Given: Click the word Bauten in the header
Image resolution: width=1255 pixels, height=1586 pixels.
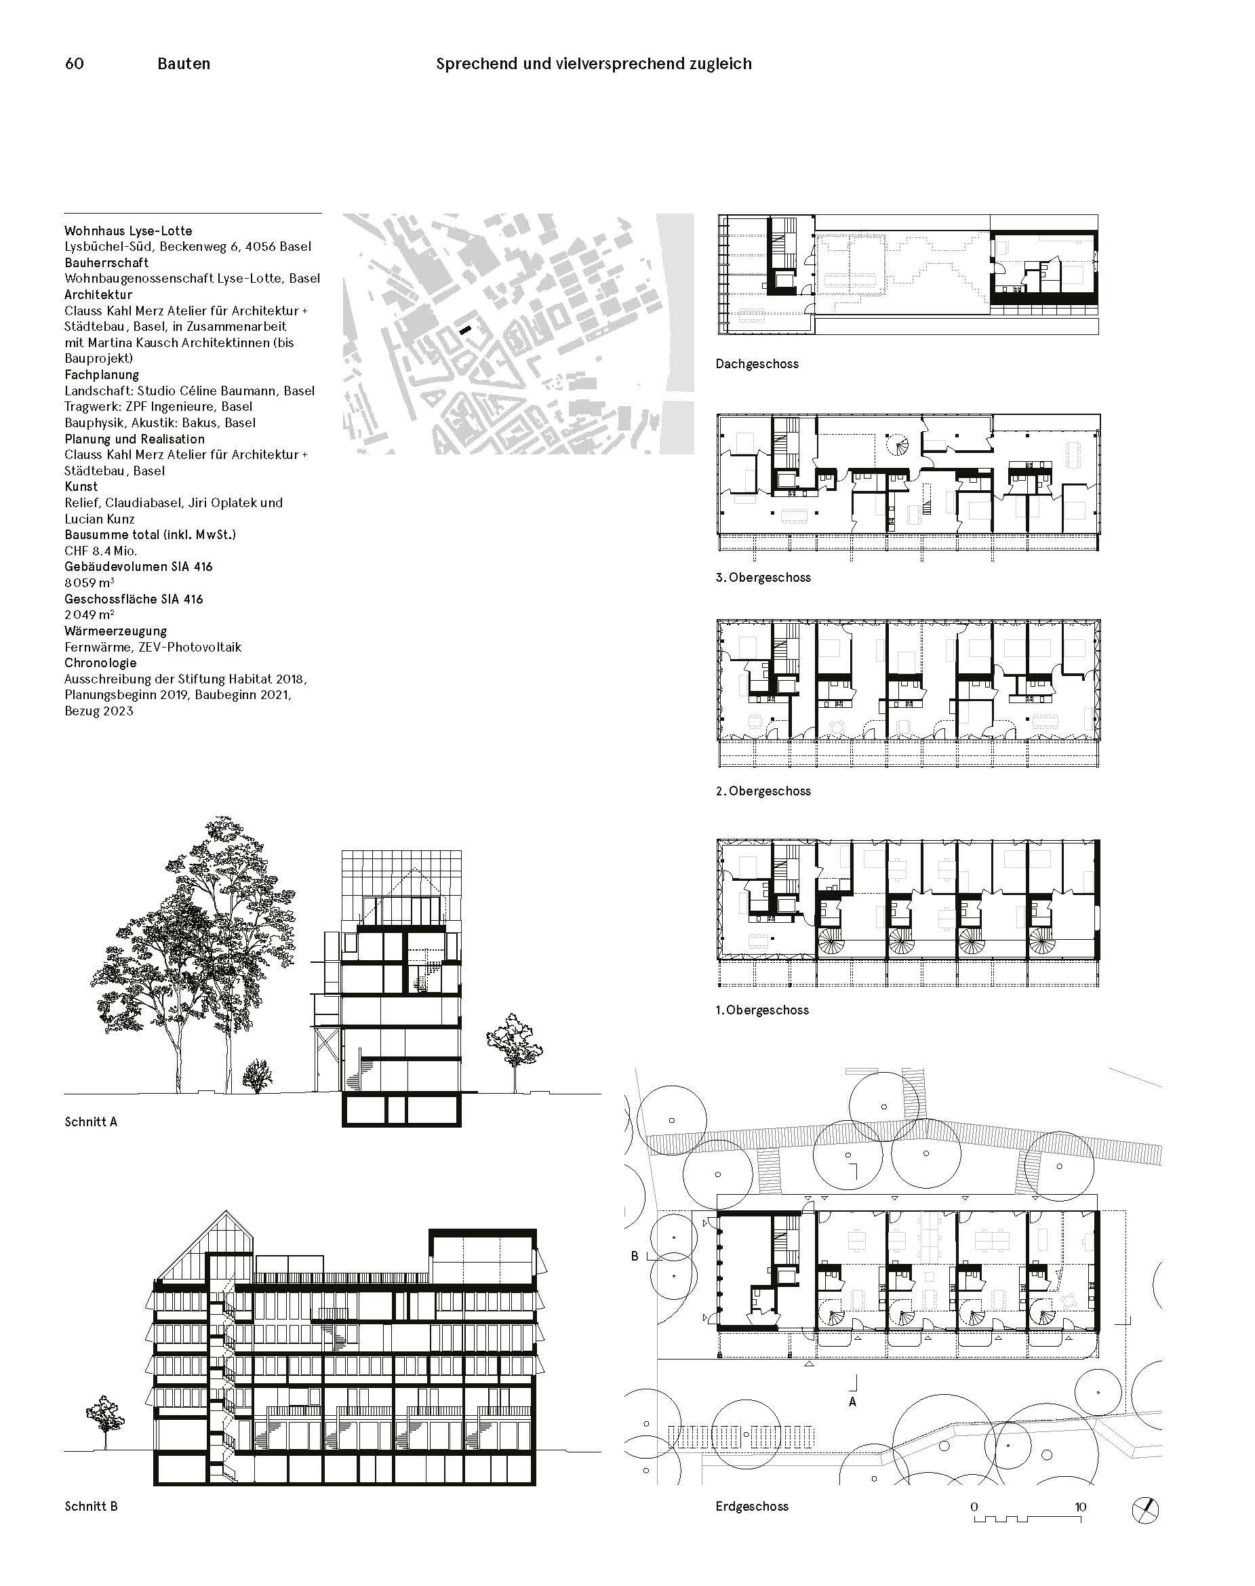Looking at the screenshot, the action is point(184,64).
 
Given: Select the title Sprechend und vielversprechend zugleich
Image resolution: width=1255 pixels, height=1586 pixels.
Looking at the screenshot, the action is point(594,64).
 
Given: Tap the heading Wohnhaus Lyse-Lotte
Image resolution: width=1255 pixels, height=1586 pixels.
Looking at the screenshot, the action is point(128,231).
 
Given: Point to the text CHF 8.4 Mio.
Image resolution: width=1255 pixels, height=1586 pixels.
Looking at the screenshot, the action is point(100,551).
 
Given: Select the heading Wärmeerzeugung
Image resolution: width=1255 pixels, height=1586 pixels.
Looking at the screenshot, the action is point(115,631).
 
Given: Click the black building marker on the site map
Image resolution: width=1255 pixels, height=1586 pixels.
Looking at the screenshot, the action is point(464,332).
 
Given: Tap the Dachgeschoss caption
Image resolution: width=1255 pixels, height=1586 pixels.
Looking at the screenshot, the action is point(757,364).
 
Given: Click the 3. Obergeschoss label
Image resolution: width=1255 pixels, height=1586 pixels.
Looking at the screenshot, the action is point(763,578).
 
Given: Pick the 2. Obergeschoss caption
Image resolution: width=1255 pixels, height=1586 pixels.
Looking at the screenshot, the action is point(763,791).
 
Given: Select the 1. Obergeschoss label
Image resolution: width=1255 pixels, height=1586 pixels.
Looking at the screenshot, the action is point(762,1010).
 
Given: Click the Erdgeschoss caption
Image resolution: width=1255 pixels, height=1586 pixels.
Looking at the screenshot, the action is point(752,1506).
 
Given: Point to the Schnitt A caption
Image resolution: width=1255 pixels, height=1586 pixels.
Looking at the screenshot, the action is point(91,1122).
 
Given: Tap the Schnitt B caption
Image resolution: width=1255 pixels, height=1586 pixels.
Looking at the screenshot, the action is point(91,1506).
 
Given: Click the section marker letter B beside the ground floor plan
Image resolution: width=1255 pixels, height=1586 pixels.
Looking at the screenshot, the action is point(635,1256).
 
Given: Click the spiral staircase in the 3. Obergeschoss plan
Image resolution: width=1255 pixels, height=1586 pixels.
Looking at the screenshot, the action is point(896,444).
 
